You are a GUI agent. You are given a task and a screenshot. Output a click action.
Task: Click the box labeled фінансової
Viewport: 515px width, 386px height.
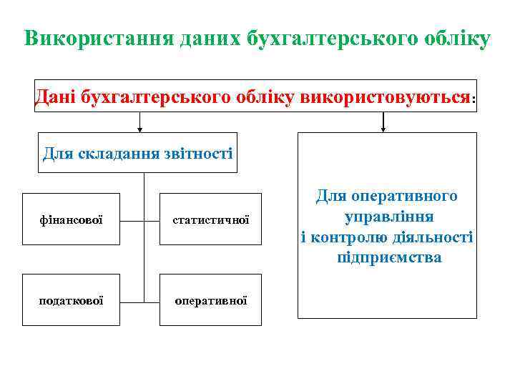(x=71, y=219)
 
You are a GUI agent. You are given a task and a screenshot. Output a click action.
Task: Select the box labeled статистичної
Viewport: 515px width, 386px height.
(x=210, y=219)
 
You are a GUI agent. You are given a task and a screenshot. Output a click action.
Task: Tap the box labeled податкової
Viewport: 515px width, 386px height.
(x=71, y=300)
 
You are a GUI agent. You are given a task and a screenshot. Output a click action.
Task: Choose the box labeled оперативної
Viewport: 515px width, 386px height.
(x=210, y=300)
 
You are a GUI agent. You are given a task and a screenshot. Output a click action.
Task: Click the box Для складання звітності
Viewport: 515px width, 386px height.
(x=137, y=153)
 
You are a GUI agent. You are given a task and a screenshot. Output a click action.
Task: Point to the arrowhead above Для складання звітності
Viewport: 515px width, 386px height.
(x=139, y=129)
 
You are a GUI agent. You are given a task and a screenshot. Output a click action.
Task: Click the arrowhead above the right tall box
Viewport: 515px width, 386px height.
(x=384, y=129)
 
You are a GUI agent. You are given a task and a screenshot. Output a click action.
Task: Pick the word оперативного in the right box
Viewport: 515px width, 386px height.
(x=411, y=196)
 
